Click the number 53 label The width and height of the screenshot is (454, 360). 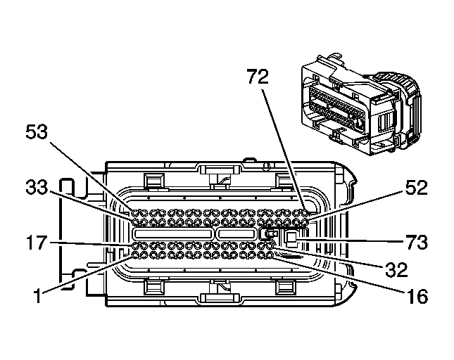[x=41, y=131]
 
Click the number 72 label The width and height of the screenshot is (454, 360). [x=258, y=78]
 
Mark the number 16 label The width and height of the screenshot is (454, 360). [x=417, y=296]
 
